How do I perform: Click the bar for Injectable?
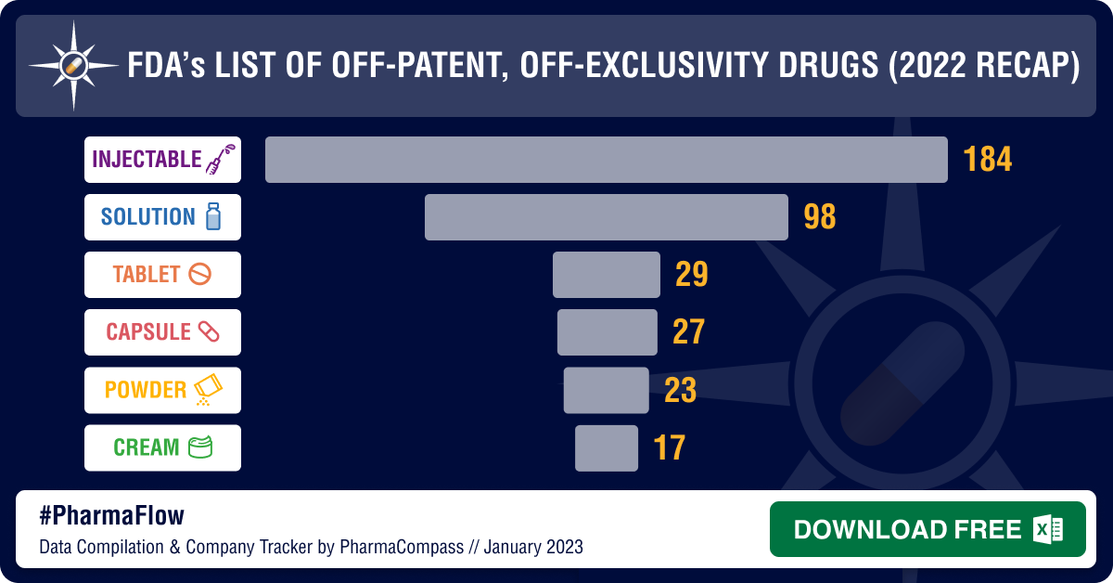click(x=606, y=160)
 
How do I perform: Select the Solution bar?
click(x=606, y=217)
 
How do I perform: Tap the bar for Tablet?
click(x=606, y=275)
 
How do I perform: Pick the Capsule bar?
click(x=607, y=332)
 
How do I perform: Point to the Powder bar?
click(x=606, y=390)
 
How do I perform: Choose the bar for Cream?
click(x=606, y=447)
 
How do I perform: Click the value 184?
click(x=987, y=160)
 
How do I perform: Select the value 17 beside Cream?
click(x=669, y=447)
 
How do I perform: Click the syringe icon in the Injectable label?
click(x=219, y=160)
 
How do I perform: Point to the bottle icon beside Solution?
click(x=212, y=217)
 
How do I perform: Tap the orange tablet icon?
click(x=199, y=275)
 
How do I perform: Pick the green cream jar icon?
click(x=200, y=447)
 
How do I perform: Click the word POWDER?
click(x=146, y=390)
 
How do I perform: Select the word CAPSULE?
click(x=148, y=332)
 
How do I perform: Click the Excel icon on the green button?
click(x=1047, y=529)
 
